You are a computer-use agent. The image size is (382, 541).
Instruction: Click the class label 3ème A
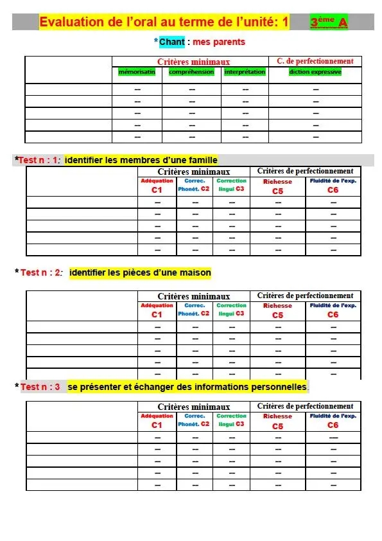[x=329, y=22]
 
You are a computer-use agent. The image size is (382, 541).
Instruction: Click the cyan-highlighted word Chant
[x=171, y=42]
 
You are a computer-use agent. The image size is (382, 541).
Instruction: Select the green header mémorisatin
[x=137, y=72]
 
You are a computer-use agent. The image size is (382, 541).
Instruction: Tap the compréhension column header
[x=191, y=72]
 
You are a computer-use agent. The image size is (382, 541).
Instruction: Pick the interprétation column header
[x=245, y=72]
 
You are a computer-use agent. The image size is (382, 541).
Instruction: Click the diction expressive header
[x=315, y=72]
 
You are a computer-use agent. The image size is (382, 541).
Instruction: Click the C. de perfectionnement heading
[x=315, y=61]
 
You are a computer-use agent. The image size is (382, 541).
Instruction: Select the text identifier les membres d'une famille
[x=141, y=160]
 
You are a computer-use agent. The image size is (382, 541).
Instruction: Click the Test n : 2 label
[x=41, y=272]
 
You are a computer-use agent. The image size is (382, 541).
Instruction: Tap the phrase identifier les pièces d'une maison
[x=140, y=272]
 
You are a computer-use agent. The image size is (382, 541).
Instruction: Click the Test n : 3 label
[x=40, y=387]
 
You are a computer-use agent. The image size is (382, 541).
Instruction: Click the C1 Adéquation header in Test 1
[x=157, y=186]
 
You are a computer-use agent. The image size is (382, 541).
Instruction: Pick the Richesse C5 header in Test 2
[x=277, y=310]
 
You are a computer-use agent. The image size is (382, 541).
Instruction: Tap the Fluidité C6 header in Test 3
[x=333, y=420]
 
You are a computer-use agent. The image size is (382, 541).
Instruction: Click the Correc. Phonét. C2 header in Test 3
[x=194, y=420]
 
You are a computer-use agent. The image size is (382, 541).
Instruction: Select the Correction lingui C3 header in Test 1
[x=231, y=185]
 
